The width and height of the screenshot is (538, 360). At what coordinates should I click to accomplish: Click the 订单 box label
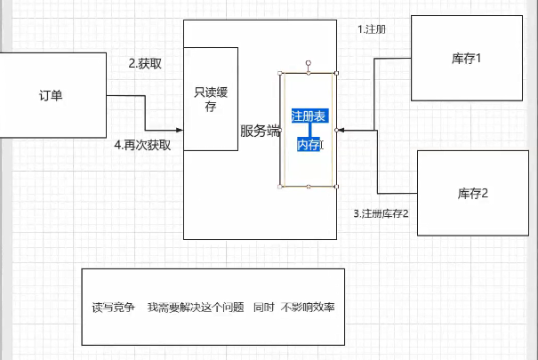point(51,95)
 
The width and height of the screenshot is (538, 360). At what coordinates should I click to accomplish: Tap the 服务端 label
point(260,131)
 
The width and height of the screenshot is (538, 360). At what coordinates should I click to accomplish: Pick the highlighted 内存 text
point(309,144)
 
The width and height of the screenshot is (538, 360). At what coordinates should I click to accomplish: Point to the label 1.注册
point(371,29)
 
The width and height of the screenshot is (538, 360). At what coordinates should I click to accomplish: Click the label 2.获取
point(145,63)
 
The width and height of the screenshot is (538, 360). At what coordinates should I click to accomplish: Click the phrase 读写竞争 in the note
point(114,308)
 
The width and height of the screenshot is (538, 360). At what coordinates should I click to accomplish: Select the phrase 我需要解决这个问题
point(196,308)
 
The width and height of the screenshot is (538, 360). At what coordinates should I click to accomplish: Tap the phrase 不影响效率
point(308,308)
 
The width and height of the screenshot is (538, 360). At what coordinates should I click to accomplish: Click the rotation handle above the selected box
point(309,62)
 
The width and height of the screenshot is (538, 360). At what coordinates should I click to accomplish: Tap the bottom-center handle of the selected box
point(309,187)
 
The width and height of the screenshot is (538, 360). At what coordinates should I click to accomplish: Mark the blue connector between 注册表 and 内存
point(309,130)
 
